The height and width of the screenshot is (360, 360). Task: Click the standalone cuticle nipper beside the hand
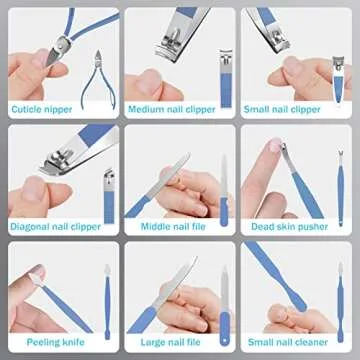(102, 68)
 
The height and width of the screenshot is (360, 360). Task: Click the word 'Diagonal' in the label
(32, 226)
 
